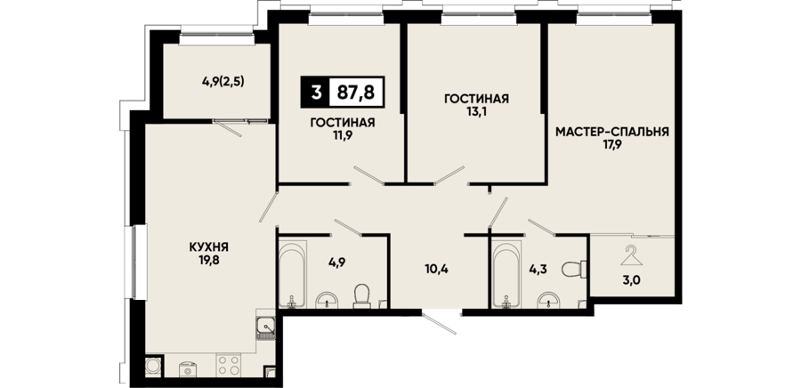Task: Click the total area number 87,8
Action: click(x=355, y=93)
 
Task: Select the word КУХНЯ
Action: click(x=208, y=247)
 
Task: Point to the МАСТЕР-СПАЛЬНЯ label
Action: click(x=612, y=133)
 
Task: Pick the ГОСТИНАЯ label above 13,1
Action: click(x=476, y=99)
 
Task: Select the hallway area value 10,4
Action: click(x=436, y=269)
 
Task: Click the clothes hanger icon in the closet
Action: click(x=632, y=255)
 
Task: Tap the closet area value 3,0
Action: click(x=631, y=279)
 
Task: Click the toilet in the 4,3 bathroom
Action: click(x=574, y=269)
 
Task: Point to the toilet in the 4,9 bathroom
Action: click(x=362, y=296)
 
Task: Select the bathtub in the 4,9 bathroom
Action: click(x=292, y=276)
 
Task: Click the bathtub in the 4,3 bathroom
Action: click(x=506, y=276)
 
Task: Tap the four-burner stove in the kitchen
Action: click(x=228, y=366)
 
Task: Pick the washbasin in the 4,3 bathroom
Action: click(x=549, y=301)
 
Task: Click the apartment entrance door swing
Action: click(x=440, y=322)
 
